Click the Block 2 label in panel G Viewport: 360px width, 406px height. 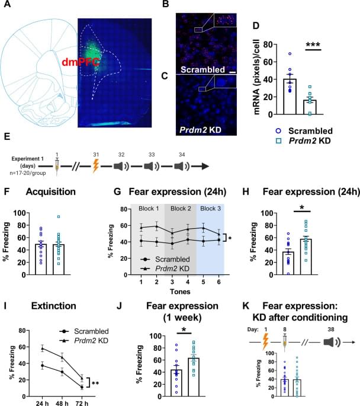click(x=179, y=209)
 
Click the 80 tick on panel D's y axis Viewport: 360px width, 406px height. click(x=257, y=44)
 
